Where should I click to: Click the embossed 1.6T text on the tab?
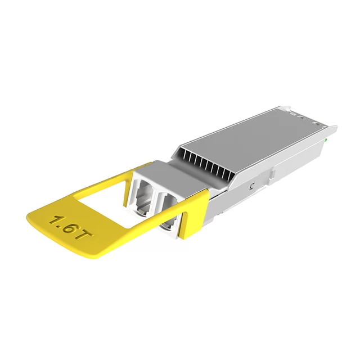pyautogui.click(x=69, y=227)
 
